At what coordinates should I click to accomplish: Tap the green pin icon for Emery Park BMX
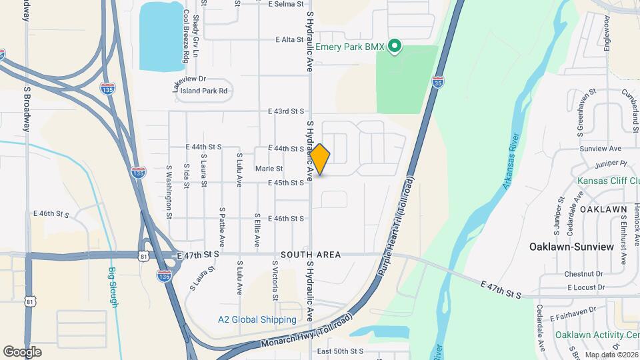click(x=395, y=47)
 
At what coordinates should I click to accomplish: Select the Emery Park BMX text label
click(x=351, y=47)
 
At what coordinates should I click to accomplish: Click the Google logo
click(x=22, y=351)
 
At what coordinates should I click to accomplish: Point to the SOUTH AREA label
click(x=311, y=255)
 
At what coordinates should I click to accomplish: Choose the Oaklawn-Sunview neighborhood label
click(x=571, y=247)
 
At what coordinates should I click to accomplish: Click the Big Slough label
click(x=113, y=287)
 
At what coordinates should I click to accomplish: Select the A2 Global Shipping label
click(x=257, y=320)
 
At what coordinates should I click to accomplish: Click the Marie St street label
click(x=269, y=169)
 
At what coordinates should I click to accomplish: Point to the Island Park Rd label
click(x=205, y=91)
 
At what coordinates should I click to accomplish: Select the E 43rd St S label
click(x=286, y=111)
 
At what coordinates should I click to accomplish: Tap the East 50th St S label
click(x=340, y=351)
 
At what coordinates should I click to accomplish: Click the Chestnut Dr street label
click(x=583, y=274)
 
